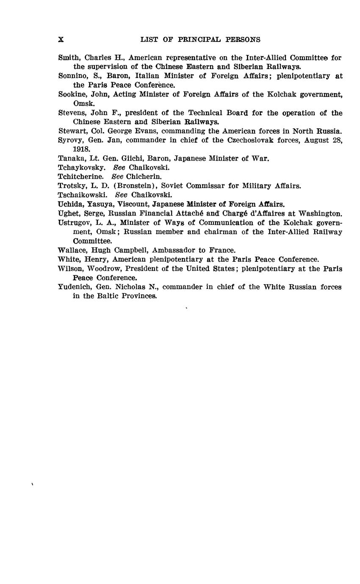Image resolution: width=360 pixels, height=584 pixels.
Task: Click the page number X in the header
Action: (61, 40)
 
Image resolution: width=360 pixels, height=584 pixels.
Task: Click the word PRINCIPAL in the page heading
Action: (197, 40)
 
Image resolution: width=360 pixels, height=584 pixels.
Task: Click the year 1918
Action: (80, 149)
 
